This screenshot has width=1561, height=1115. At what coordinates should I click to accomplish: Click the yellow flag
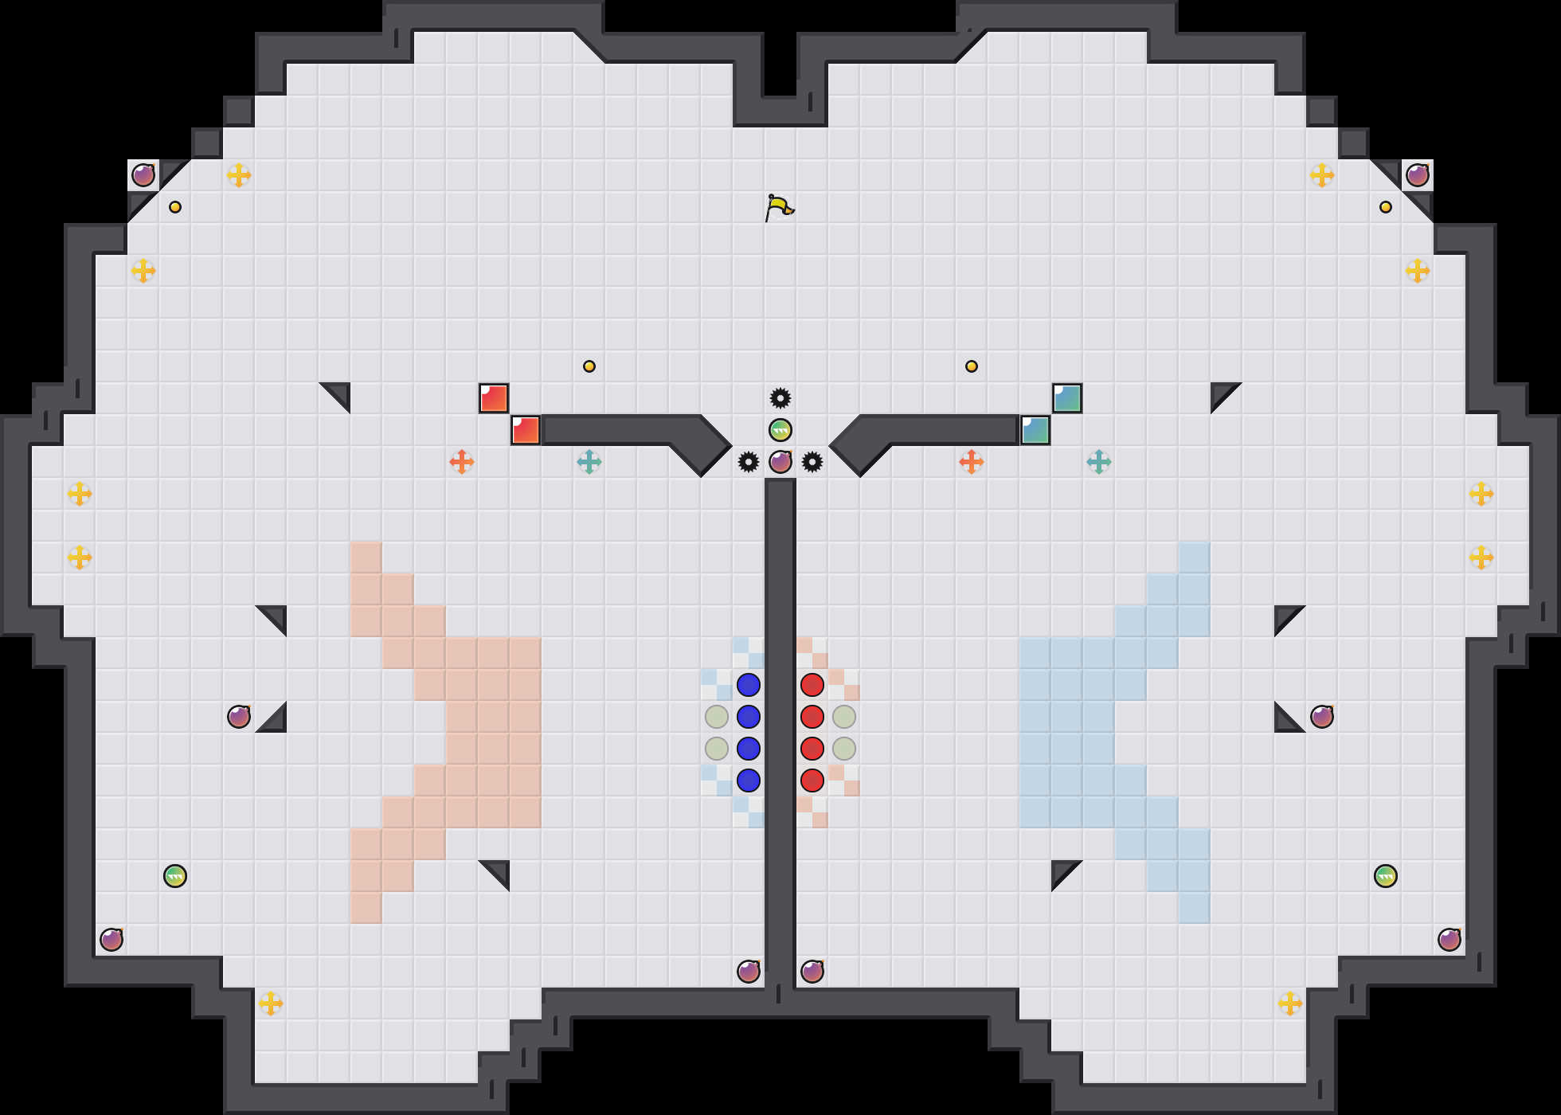(779, 207)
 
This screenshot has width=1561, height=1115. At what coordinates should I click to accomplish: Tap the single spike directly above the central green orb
(780, 398)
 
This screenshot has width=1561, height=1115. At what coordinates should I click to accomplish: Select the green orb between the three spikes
(780, 430)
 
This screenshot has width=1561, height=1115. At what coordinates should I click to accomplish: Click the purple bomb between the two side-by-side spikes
(780, 462)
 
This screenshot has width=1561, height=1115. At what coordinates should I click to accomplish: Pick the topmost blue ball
(749, 685)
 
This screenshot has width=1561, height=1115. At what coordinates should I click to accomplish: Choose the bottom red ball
(812, 780)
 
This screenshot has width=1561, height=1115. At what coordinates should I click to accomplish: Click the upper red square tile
(494, 398)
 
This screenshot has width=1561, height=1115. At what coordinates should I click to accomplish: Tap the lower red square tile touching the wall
(526, 430)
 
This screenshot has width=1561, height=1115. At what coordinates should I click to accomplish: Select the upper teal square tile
(1067, 398)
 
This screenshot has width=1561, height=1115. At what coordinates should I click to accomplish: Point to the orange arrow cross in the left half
(462, 462)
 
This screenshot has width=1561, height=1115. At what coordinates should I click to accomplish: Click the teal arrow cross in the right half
(1099, 462)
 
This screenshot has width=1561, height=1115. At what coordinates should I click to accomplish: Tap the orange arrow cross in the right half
(972, 462)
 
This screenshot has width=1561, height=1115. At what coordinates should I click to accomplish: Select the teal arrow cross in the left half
(589, 462)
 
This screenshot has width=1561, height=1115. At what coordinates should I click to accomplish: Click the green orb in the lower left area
(175, 876)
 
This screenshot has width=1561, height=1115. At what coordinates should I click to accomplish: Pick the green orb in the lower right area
(1386, 876)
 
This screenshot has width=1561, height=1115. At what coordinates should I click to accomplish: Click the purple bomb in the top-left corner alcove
(143, 175)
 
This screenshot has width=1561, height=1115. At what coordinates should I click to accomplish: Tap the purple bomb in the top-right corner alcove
(1418, 175)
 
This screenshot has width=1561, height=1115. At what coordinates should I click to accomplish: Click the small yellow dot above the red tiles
(589, 366)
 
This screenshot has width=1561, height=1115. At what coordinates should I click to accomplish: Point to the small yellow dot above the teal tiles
(972, 366)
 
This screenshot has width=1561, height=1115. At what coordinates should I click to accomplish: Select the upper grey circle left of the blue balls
(717, 717)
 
